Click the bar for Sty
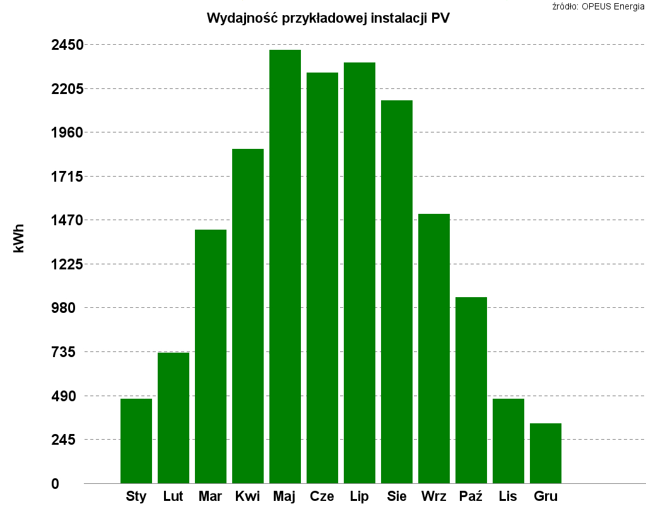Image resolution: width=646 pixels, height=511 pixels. [136, 441]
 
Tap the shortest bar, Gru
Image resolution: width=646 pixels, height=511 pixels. [546, 453]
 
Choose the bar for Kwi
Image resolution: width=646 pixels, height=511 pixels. [248, 315]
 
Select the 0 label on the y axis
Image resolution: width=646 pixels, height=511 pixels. [56, 484]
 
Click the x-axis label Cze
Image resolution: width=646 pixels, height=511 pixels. [322, 496]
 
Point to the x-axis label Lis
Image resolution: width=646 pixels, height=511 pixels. [508, 496]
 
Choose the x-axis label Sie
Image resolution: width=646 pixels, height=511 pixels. [397, 496]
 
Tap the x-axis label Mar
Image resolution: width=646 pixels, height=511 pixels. [210, 496]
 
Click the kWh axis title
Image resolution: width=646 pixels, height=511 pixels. [19, 238]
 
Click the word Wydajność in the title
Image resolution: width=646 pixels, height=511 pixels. [244, 18]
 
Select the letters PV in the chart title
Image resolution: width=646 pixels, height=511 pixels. [440, 18]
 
